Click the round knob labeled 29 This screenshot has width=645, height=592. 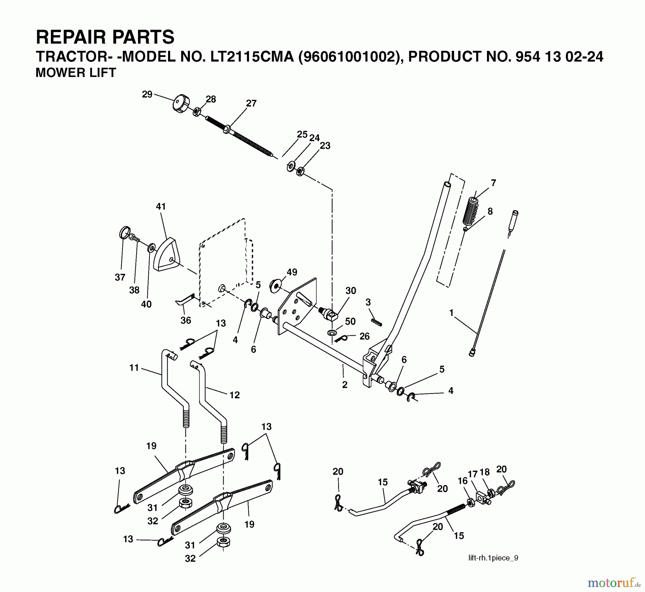click(x=181, y=104)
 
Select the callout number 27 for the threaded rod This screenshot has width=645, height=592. click(x=251, y=103)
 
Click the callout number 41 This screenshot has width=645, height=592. click(x=161, y=207)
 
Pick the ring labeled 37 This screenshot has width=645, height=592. click(x=124, y=233)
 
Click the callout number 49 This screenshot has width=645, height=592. click(x=292, y=272)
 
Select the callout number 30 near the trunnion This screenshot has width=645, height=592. click(x=350, y=291)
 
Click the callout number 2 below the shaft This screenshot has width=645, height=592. click(x=345, y=385)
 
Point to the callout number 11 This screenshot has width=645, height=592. click(x=134, y=368)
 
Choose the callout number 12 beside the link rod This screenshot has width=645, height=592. click(x=234, y=395)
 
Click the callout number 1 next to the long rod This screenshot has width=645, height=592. click(x=451, y=313)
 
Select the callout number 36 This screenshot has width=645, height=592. click(x=186, y=320)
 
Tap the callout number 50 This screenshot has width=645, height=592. click(x=350, y=321)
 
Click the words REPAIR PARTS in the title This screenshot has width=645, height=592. click(x=105, y=37)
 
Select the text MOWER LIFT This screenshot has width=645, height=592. click(x=76, y=73)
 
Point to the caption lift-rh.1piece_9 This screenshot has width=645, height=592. click(x=493, y=558)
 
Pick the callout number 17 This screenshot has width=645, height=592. click(x=473, y=474)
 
